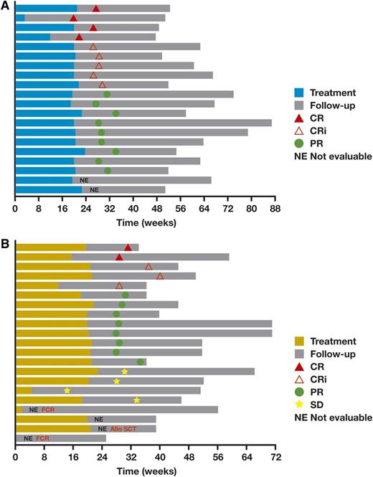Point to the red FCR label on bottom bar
tap(43, 438)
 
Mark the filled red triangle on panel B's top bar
tap(128, 247)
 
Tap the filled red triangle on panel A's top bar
tap(96, 9)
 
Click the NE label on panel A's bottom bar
tap(94, 189)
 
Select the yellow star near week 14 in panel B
tap(67, 390)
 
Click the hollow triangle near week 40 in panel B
tap(160, 275)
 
